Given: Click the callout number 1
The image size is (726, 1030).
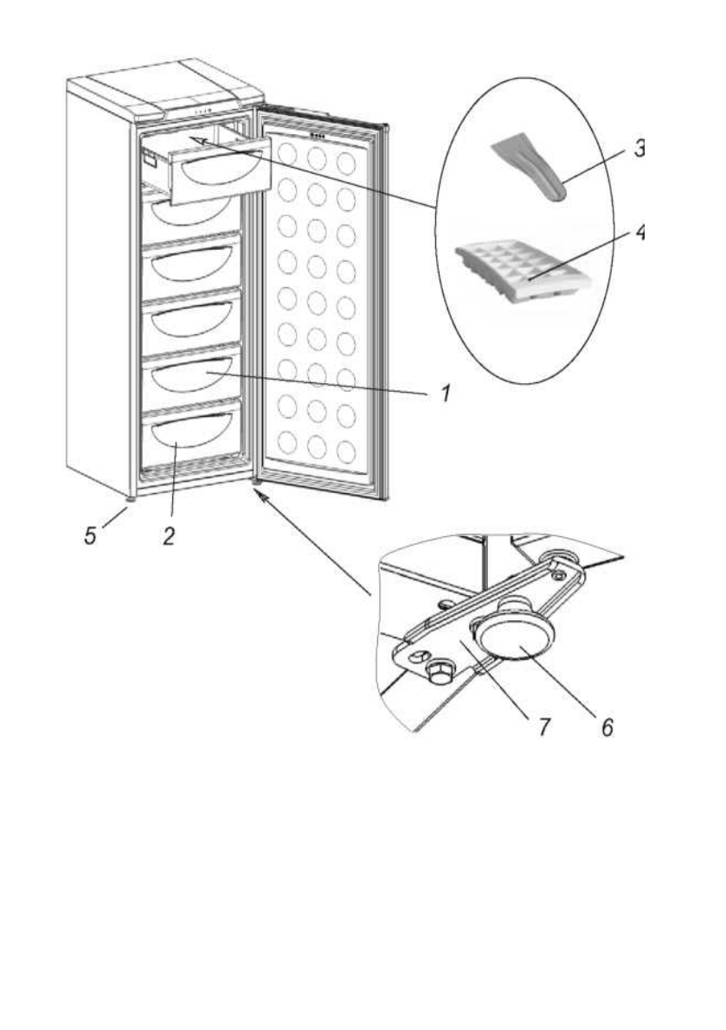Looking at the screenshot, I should point(444,394).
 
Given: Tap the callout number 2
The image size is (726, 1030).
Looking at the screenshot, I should point(170,534).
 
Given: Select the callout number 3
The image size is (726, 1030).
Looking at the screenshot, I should point(639,148).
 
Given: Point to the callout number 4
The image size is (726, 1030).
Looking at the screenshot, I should point(639,234).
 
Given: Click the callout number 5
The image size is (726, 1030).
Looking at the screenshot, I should point(91,534).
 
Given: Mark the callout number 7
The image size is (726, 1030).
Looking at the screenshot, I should point(543,726).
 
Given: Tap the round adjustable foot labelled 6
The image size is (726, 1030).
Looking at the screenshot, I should point(514,641).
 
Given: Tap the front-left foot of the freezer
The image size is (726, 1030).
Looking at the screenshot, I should point(130,498).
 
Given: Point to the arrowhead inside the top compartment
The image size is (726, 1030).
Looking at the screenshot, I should point(196,138).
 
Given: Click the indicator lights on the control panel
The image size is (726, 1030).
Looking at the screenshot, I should point(203,112).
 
